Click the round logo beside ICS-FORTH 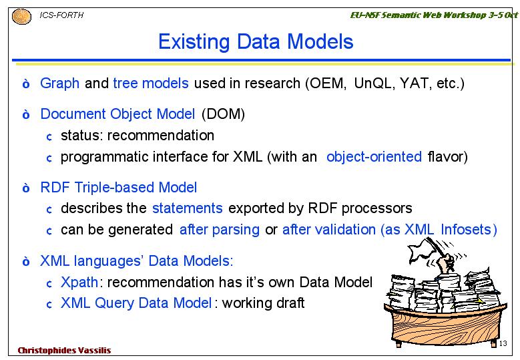coord(21,17)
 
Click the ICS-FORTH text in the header coord(61,15)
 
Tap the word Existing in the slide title coord(194,42)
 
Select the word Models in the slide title coord(320,41)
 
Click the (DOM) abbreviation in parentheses coord(223,114)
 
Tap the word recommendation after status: coord(160,136)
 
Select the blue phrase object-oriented coord(374,156)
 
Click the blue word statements coord(188,208)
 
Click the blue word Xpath coord(79,283)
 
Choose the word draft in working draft coord(288,303)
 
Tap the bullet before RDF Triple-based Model coord(26,188)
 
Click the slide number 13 coord(503,343)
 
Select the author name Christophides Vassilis coord(64,351)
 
